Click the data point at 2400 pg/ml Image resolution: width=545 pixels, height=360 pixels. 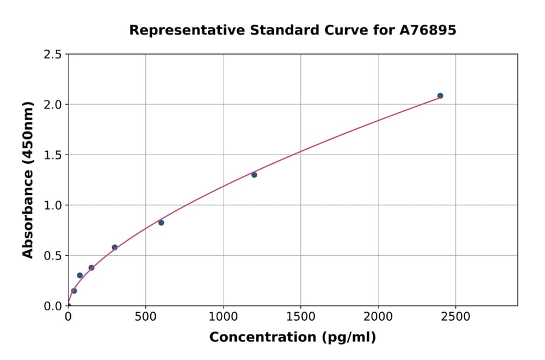point(440,96)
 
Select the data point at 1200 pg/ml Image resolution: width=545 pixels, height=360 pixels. point(254,175)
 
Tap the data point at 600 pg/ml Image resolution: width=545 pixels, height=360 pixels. point(161,222)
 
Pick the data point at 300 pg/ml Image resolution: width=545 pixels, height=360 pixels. point(114,247)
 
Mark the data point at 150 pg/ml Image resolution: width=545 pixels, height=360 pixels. point(91,267)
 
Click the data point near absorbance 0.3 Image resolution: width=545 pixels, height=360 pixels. point(80,275)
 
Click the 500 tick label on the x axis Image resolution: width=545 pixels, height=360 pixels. point(145,316)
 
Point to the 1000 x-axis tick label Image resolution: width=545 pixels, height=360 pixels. point(223,316)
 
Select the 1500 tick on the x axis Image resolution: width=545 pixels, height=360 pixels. point(300,316)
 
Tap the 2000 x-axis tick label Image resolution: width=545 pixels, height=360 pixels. point(378,316)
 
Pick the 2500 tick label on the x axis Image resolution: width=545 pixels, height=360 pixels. point(455,316)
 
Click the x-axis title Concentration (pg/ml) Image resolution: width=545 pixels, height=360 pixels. point(292,338)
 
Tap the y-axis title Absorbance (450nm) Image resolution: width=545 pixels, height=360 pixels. point(28,179)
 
